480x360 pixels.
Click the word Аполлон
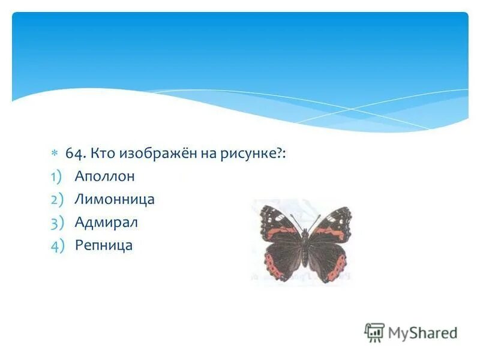coord(104,176)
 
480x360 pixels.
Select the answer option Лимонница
coord(114,199)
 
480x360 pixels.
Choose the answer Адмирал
coord(106,223)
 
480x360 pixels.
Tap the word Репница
coord(103,245)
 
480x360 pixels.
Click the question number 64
coord(75,154)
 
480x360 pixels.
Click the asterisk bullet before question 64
coord(53,154)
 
